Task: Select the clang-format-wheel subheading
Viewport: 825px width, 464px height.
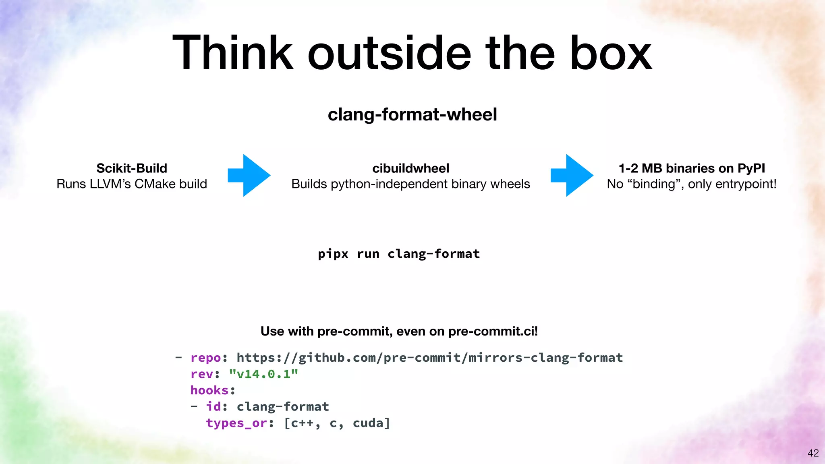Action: coord(412,114)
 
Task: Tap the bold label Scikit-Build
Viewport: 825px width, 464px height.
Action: coord(132,168)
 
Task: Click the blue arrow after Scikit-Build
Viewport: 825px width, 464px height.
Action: coord(249,175)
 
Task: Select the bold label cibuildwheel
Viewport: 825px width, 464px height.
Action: coord(410,168)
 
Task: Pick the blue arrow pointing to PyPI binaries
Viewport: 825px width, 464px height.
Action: coord(572,175)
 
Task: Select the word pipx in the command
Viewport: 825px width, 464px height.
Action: coord(333,254)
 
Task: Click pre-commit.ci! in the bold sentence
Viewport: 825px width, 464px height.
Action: coord(493,331)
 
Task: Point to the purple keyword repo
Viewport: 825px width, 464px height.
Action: coord(205,358)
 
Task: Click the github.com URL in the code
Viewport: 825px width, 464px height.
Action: coord(429,358)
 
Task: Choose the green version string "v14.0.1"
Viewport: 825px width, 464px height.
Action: coord(263,374)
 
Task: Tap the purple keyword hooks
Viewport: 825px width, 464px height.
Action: coord(209,390)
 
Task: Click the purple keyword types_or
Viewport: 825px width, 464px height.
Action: coord(236,423)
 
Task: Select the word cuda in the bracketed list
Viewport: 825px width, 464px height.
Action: coord(368,423)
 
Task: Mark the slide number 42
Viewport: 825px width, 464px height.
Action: coord(813,453)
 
